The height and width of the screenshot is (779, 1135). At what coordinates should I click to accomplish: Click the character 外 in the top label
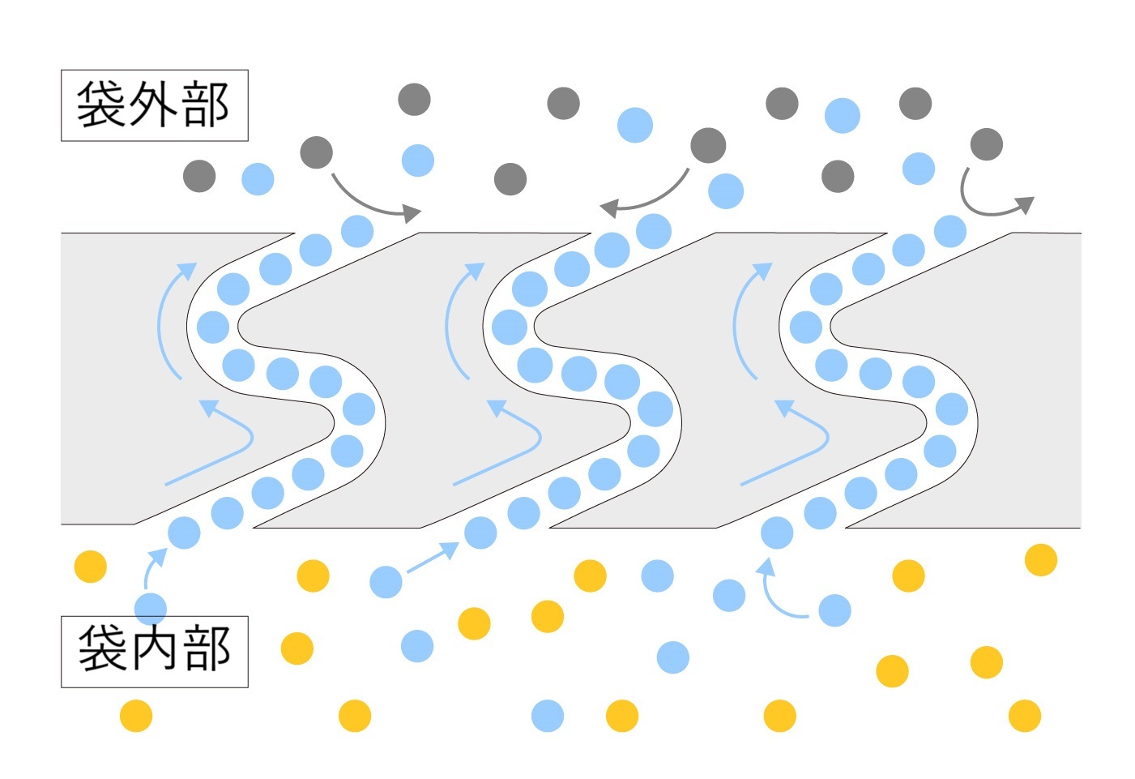[x=153, y=105]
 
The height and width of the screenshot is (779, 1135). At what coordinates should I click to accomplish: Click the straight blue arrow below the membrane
[x=432, y=558]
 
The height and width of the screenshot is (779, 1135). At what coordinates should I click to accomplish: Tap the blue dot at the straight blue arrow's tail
[x=386, y=582]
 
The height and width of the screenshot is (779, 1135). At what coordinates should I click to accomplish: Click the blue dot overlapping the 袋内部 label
[x=150, y=608]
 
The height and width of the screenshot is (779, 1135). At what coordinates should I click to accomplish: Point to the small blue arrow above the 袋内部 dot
[x=151, y=564]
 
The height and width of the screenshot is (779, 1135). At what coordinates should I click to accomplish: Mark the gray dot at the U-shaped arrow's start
[x=986, y=144]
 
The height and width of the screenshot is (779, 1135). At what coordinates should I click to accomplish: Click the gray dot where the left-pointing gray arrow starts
[x=708, y=145]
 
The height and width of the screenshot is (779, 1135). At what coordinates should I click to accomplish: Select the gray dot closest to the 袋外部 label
[x=199, y=176]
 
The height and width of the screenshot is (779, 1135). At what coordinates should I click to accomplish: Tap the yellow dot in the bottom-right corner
[x=1024, y=716]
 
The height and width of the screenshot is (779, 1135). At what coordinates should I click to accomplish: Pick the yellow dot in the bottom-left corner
[x=136, y=716]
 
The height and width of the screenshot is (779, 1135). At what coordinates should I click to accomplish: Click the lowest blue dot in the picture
[x=548, y=716]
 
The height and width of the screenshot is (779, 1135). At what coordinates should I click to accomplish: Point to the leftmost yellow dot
[x=91, y=567]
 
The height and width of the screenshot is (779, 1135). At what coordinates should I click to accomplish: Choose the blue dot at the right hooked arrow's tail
[x=834, y=610]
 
